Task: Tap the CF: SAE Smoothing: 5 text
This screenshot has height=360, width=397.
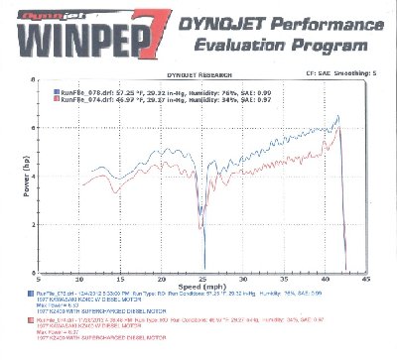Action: tap(338, 72)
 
